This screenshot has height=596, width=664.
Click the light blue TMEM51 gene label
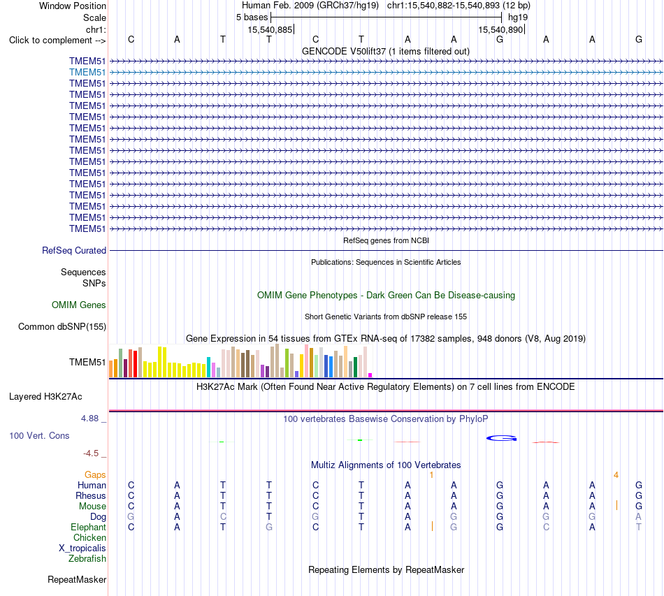(x=87, y=73)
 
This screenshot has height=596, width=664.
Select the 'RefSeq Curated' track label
(x=74, y=251)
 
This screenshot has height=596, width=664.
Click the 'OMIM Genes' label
(x=79, y=305)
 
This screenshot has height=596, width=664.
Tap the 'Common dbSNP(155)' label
(x=62, y=327)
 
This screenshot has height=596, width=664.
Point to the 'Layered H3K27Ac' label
(x=45, y=397)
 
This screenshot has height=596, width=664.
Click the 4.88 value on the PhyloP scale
(x=89, y=419)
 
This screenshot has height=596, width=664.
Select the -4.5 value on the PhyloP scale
(x=91, y=453)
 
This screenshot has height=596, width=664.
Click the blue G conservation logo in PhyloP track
(x=501, y=438)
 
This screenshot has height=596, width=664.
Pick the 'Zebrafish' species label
(x=87, y=559)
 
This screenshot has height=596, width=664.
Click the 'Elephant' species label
(x=88, y=527)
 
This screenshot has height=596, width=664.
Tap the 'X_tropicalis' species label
(x=82, y=548)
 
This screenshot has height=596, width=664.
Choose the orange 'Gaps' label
(x=95, y=475)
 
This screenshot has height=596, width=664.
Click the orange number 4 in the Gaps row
(x=616, y=475)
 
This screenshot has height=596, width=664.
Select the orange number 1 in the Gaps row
(x=431, y=475)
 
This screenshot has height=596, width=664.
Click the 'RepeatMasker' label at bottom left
(x=77, y=579)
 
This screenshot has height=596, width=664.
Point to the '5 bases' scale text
(x=252, y=17)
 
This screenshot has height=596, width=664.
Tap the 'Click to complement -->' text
(x=57, y=41)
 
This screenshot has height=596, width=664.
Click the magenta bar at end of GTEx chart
(x=370, y=375)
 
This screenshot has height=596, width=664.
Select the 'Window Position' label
(x=73, y=6)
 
